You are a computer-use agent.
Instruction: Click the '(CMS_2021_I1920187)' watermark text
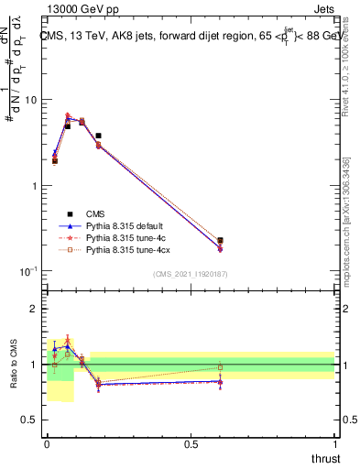(x=191, y=273)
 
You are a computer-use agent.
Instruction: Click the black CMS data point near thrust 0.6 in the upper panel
(x=220, y=241)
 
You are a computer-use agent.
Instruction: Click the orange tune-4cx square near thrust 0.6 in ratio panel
(x=220, y=367)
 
